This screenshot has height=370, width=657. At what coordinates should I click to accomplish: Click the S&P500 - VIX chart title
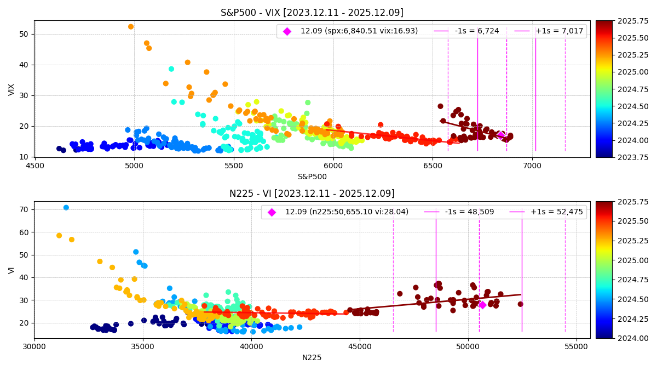pos(312,13)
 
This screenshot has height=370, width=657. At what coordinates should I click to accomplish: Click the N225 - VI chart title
pos(312,193)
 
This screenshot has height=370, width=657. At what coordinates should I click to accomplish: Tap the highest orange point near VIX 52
pos(131,27)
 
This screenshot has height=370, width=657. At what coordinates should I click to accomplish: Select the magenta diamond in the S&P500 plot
pos(500,135)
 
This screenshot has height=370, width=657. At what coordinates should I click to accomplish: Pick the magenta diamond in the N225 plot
pos(482,305)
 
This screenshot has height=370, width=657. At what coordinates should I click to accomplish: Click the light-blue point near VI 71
pos(66,208)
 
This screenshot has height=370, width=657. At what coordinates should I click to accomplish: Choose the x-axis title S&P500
pos(312,177)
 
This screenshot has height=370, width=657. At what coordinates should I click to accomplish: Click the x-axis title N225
pos(312,357)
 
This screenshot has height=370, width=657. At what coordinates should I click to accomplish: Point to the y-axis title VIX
pos(11,89)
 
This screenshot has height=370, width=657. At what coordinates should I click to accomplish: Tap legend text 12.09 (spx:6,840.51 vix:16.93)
pos(359,31)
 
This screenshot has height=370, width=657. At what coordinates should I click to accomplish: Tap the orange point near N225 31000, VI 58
pos(59,236)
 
